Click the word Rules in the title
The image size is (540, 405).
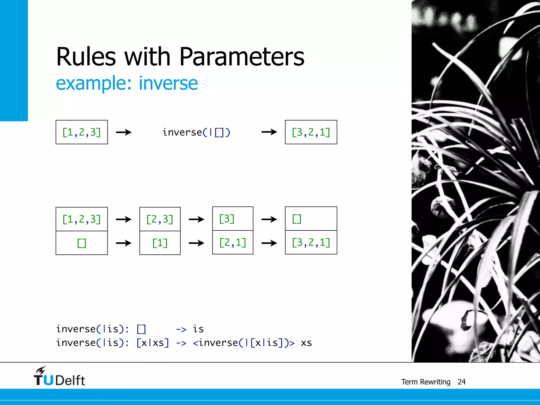tap(86, 57)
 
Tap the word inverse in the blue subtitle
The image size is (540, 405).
tap(168, 83)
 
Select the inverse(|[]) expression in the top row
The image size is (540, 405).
tap(196, 132)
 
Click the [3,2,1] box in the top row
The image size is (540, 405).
tap(311, 132)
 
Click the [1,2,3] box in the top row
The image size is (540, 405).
tap(81, 132)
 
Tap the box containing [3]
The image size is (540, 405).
tap(233, 219)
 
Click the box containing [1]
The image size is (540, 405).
tap(160, 243)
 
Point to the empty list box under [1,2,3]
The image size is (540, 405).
tap(81, 243)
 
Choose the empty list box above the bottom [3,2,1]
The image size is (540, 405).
tap(311, 219)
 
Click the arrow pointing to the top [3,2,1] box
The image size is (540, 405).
tap(269, 132)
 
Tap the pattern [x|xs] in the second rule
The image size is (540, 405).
tap(153, 343)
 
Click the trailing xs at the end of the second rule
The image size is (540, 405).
tap(306, 343)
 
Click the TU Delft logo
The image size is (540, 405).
tap(59, 377)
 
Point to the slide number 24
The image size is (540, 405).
tap(461, 382)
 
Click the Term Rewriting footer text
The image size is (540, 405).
tap(426, 382)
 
